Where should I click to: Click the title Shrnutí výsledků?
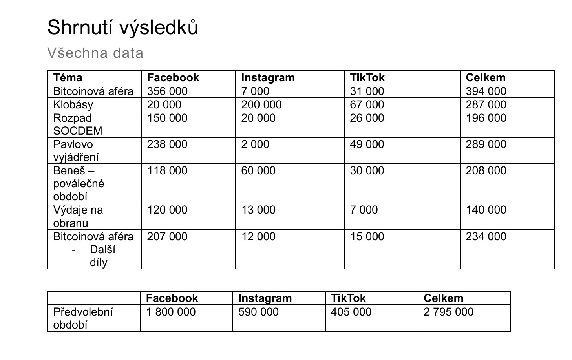tap(122, 27)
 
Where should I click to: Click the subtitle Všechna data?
tap(95, 53)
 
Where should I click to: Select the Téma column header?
tap(68, 78)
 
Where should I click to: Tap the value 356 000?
tap(167, 91)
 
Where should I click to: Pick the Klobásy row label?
tap(73, 104)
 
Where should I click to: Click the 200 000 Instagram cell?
tap(261, 104)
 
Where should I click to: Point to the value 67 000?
tap(367, 104)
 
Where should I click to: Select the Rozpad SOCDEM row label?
tap(77, 124)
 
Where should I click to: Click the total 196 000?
tap(486, 118)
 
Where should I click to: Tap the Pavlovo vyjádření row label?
tap(76, 151)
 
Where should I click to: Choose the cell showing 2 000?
tap(255, 144)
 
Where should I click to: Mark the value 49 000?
tap(367, 144)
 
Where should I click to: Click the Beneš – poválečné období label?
tap(79, 183)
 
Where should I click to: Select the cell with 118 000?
tap(167, 170)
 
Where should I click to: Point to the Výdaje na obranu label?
tap(78, 216)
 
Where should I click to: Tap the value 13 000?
tap(258, 210)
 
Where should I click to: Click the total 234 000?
tap(486, 236)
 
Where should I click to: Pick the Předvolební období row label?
tap(83, 318)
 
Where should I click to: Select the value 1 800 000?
tap(171, 312)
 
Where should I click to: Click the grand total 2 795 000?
tap(448, 312)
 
